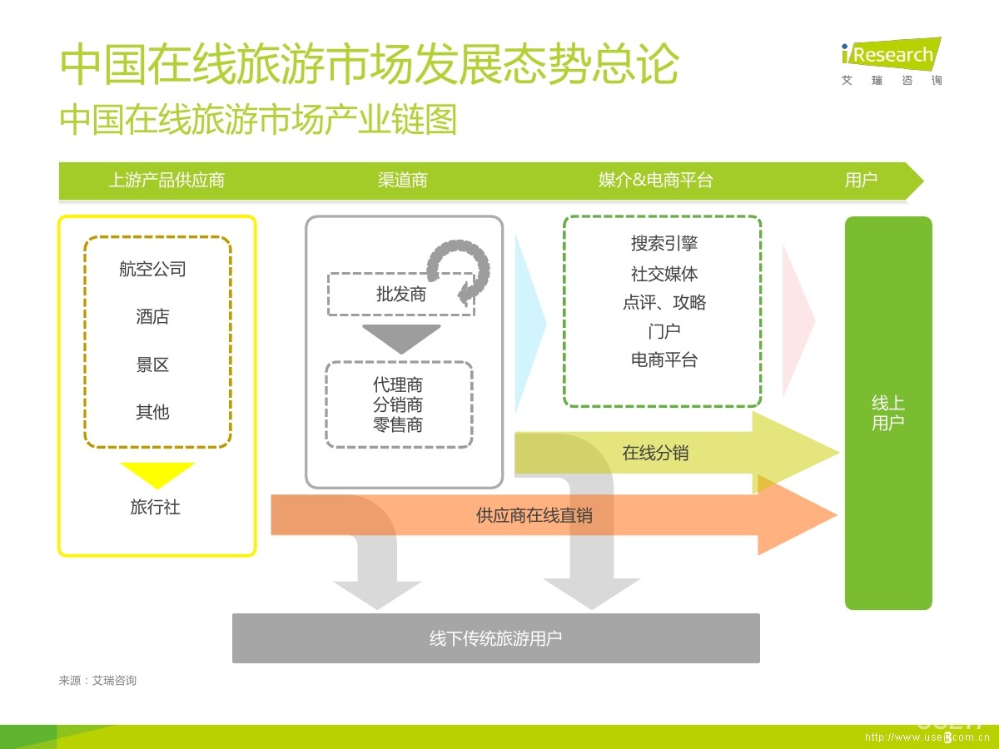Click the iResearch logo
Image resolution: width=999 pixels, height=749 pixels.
coord(891,61)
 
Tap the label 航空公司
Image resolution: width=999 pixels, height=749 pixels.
coord(152,269)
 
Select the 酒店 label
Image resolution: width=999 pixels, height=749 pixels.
coord(152,317)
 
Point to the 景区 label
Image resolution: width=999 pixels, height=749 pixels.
coord(152,365)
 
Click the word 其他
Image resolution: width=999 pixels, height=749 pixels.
coord(152,412)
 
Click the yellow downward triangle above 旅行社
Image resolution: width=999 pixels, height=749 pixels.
coord(157,474)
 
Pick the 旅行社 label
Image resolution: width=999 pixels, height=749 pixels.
coord(155,507)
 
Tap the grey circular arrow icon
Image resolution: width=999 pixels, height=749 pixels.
coord(459,270)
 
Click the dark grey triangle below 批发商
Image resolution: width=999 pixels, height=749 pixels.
coord(400,337)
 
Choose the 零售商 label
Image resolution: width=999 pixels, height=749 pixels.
coord(398,425)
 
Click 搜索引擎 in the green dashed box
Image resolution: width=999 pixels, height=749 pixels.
coord(664,244)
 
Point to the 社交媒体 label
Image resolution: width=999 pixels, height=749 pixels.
coord(664,273)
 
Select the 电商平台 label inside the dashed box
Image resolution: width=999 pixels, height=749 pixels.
coord(664,360)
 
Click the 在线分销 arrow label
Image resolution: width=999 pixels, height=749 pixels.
coord(655,454)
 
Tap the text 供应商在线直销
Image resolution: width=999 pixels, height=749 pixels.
coord(534,516)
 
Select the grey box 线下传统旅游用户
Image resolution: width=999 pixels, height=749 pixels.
coord(495,638)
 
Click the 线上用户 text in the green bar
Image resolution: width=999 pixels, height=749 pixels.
coord(888,413)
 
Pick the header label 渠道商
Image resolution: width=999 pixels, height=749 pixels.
coord(402,181)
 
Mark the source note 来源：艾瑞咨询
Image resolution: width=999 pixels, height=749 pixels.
coord(97,681)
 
